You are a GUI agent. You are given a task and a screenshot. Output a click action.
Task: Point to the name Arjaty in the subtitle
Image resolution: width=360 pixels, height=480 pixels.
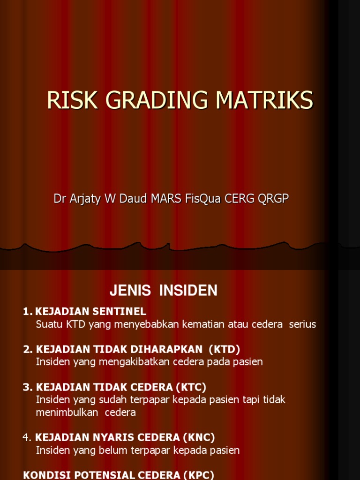tap(86, 199)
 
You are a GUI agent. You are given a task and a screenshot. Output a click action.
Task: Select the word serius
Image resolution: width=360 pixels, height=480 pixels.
tap(303, 324)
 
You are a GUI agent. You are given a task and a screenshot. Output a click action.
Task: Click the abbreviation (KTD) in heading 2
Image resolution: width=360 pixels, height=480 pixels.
tap(224, 349)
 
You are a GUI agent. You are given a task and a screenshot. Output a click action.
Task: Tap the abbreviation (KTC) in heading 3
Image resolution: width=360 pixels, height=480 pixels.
tap(191, 387)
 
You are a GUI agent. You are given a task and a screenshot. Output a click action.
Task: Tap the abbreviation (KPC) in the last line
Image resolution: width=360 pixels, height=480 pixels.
tap(197, 475)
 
